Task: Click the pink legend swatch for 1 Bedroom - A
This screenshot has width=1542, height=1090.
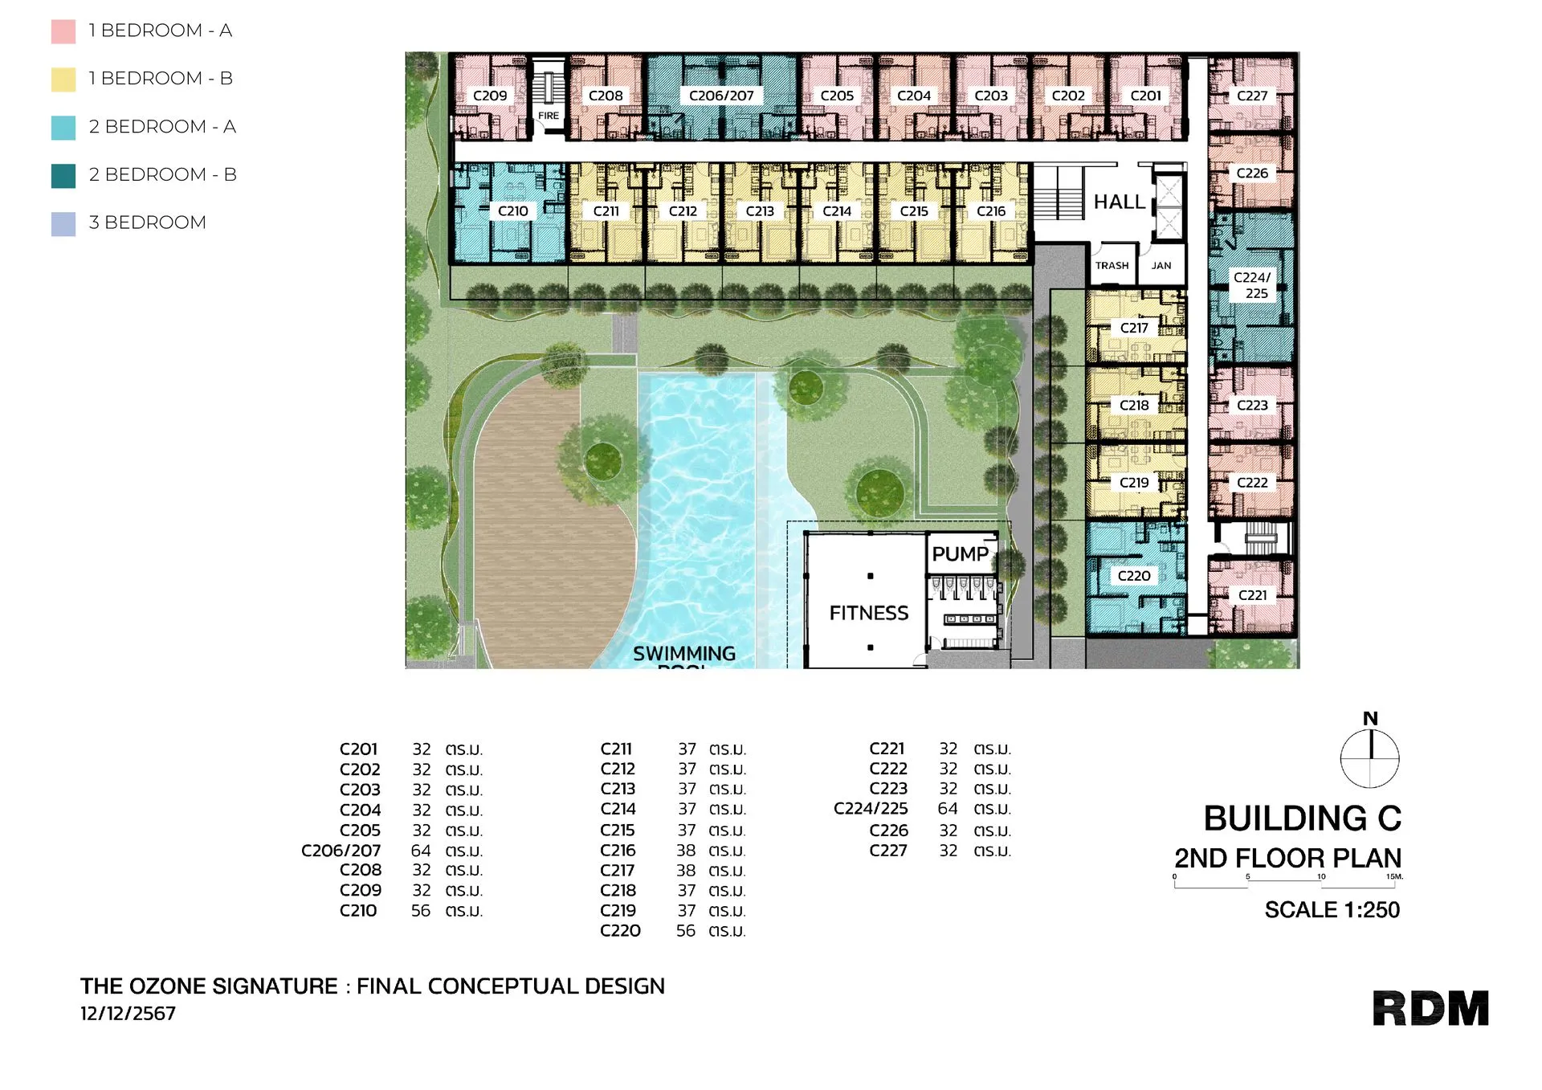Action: click(x=63, y=31)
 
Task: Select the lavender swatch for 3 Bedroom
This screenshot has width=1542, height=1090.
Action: click(x=63, y=223)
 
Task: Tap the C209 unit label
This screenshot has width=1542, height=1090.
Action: click(x=490, y=96)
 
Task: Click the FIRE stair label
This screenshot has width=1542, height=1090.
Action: click(x=549, y=116)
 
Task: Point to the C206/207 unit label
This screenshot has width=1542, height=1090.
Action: click(x=721, y=96)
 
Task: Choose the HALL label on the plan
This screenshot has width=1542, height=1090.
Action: click(x=1120, y=202)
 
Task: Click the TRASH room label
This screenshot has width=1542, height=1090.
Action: click(x=1112, y=266)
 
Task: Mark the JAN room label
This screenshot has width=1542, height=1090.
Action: click(x=1161, y=266)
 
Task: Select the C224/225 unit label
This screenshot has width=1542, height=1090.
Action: click(x=1253, y=285)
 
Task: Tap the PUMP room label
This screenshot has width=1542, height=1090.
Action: click(x=961, y=554)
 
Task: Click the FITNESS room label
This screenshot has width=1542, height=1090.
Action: click(x=869, y=613)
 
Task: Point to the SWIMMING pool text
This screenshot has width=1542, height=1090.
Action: click(x=684, y=654)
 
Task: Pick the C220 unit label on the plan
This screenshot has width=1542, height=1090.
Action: click(x=1134, y=576)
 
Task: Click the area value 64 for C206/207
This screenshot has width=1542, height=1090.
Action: click(x=421, y=851)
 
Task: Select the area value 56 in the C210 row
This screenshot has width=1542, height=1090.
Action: click(x=421, y=911)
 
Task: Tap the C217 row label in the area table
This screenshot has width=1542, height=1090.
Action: click(x=618, y=871)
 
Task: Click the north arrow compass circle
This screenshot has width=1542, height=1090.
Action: click(x=1370, y=757)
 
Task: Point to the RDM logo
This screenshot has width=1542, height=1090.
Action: click(x=1430, y=1008)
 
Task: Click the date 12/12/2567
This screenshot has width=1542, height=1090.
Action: click(x=128, y=1014)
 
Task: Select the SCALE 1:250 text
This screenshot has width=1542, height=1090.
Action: click(x=1332, y=910)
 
